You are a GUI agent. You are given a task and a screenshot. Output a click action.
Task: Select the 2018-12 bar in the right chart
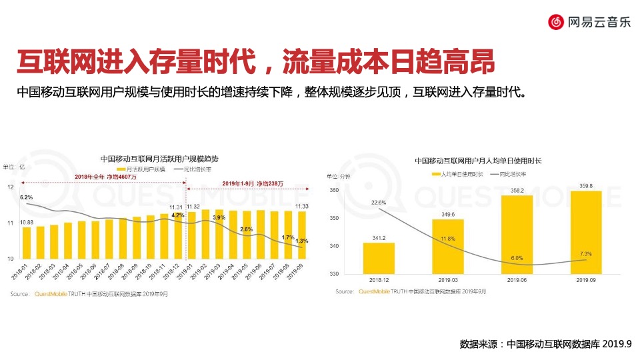click(379, 257)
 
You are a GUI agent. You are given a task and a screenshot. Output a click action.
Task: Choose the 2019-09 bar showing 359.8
click(585, 232)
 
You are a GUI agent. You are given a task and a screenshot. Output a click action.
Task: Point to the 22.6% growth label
click(379, 202)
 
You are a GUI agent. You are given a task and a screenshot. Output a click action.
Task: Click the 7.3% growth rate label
click(586, 254)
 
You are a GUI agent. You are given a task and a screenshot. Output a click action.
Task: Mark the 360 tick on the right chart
click(333, 191)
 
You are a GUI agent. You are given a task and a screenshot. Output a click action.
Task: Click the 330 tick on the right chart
click(333, 274)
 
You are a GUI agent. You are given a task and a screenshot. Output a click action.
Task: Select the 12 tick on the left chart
click(10, 187)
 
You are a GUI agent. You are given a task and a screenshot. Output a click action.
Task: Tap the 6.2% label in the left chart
click(27, 197)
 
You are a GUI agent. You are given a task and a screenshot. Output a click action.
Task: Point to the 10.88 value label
click(27, 222)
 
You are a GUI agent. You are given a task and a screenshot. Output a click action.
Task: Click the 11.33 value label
click(301, 207)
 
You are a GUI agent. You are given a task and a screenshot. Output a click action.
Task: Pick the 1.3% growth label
click(301, 241)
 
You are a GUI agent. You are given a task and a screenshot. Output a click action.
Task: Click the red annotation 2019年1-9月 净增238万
click(253, 183)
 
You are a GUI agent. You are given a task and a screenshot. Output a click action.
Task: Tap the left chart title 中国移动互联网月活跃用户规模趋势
click(159, 159)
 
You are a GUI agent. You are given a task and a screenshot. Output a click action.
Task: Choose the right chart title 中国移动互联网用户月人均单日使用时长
click(478, 161)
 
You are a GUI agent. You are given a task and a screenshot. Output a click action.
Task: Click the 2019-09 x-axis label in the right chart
click(585, 281)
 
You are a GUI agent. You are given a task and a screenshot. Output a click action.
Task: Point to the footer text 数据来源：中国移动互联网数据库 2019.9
click(545, 345)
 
